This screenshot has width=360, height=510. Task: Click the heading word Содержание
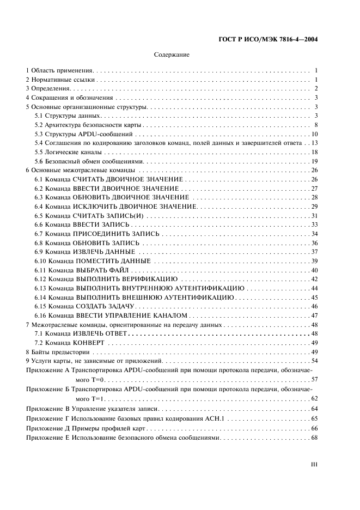(172, 54)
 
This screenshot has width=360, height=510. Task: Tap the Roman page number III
(314, 464)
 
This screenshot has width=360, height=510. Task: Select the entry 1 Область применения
(60, 71)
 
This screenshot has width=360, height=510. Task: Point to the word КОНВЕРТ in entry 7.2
(87, 343)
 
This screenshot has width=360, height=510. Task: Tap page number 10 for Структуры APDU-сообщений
(314, 135)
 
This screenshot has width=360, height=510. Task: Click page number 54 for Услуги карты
(314, 361)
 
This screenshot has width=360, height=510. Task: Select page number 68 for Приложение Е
(314, 438)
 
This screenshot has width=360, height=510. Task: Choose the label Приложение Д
(48, 428)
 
